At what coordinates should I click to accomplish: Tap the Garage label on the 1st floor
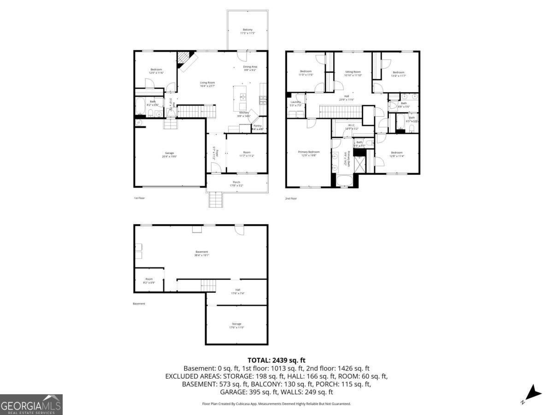[170, 155]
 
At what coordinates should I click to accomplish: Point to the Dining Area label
[250, 68]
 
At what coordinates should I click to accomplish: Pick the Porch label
[236, 184]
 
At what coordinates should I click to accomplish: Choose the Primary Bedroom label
[309, 154]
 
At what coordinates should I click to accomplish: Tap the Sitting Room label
[353, 73]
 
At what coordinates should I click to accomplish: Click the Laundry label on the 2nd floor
[296, 103]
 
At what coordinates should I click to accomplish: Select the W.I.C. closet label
[351, 126]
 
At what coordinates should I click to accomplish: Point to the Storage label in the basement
[236, 326]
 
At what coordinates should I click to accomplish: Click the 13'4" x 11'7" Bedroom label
[399, 74]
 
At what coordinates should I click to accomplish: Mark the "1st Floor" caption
[139, 198]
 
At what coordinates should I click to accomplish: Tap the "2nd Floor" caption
[291, 198]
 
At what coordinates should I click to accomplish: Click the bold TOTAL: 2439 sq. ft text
[276, 360]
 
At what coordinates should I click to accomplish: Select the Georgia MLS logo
[31, 404]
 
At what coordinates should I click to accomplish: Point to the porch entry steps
[216, 200]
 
